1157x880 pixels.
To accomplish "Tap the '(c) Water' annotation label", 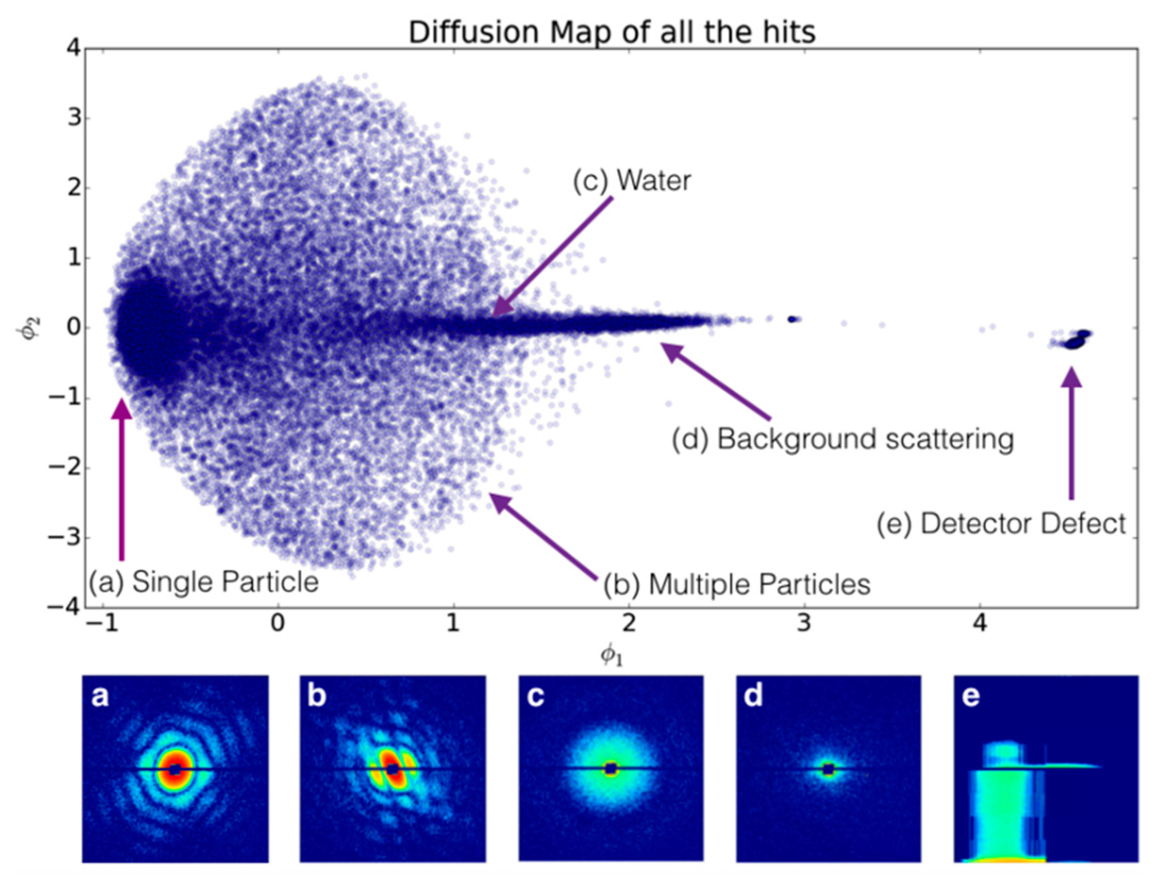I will [x=632, y=180].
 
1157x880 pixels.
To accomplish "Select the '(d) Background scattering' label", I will [x=842, y=439].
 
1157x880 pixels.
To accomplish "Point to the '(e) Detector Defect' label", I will [x=1001, y=524].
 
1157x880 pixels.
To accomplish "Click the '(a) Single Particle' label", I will [x=204, y=582].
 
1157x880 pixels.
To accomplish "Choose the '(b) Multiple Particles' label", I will [x=737, y=584].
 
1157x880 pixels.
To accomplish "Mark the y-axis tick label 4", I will [x=74, y=49].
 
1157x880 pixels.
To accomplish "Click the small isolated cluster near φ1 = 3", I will [x=793, y=319].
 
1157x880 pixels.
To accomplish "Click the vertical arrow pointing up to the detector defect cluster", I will [x=1072, y=434].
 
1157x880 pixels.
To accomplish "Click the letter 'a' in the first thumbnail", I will [x=100, y=696].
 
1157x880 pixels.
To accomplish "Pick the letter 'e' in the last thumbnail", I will [x=970, y=696].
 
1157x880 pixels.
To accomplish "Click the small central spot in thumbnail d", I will [x=828, y=769].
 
